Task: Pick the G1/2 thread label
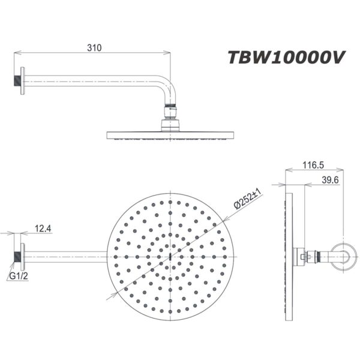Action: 18,276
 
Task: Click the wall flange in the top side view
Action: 20,79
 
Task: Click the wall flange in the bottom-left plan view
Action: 20,257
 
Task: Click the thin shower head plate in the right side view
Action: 287,257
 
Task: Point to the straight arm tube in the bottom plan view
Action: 66,257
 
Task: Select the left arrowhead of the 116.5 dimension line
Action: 287,170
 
